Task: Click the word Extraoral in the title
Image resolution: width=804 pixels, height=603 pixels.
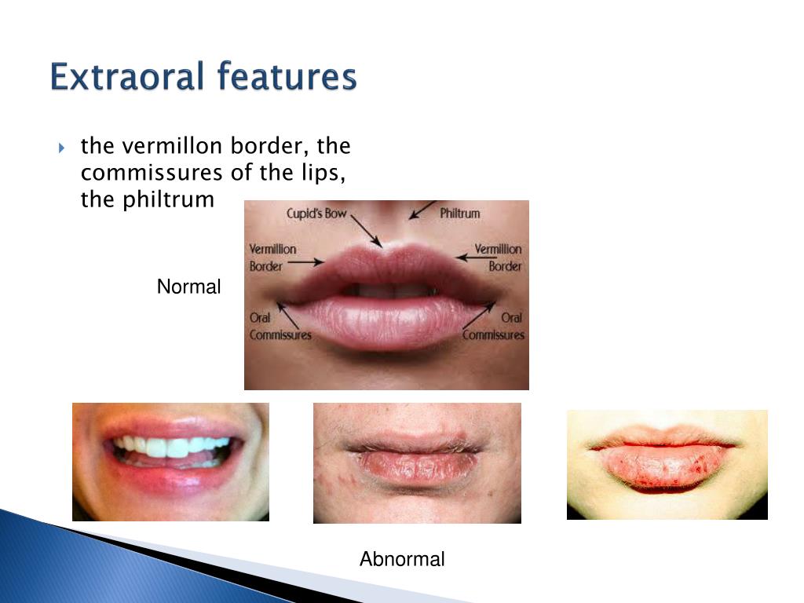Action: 127,78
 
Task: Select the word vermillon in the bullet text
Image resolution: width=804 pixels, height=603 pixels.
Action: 170,146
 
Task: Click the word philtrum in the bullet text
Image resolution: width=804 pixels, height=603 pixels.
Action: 168,199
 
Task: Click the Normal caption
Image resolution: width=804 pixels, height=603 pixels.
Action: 188,287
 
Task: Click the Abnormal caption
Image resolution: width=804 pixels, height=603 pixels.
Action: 402,560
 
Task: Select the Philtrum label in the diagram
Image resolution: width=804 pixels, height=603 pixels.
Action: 459,213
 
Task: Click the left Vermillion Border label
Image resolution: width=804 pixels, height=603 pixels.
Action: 272,258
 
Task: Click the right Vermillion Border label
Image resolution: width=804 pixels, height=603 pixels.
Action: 498,258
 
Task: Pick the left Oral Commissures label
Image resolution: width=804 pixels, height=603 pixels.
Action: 280,327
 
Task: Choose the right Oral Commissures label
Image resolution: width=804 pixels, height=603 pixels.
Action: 493,327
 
